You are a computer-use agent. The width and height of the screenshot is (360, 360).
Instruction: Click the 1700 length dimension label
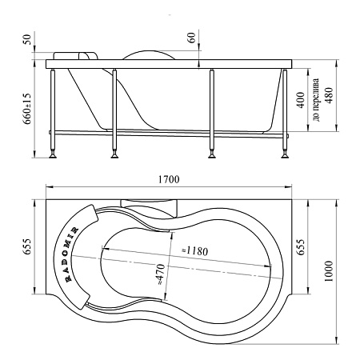[169, 179]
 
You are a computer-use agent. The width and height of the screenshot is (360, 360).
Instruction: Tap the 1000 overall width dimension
[330, 271]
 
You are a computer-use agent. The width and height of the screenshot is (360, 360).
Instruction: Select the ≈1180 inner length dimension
[194, 250]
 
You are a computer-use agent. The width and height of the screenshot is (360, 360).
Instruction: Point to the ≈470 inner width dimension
[161, 274]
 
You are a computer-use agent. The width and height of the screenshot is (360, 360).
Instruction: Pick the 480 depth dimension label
[329, 96]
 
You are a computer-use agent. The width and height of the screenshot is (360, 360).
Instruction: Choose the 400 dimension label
[301, 100]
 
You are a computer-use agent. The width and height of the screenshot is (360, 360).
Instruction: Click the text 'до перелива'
[316, 99]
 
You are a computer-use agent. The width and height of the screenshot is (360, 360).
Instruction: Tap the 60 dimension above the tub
[191, 38]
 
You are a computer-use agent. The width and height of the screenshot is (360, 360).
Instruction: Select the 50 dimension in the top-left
[28, 39]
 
